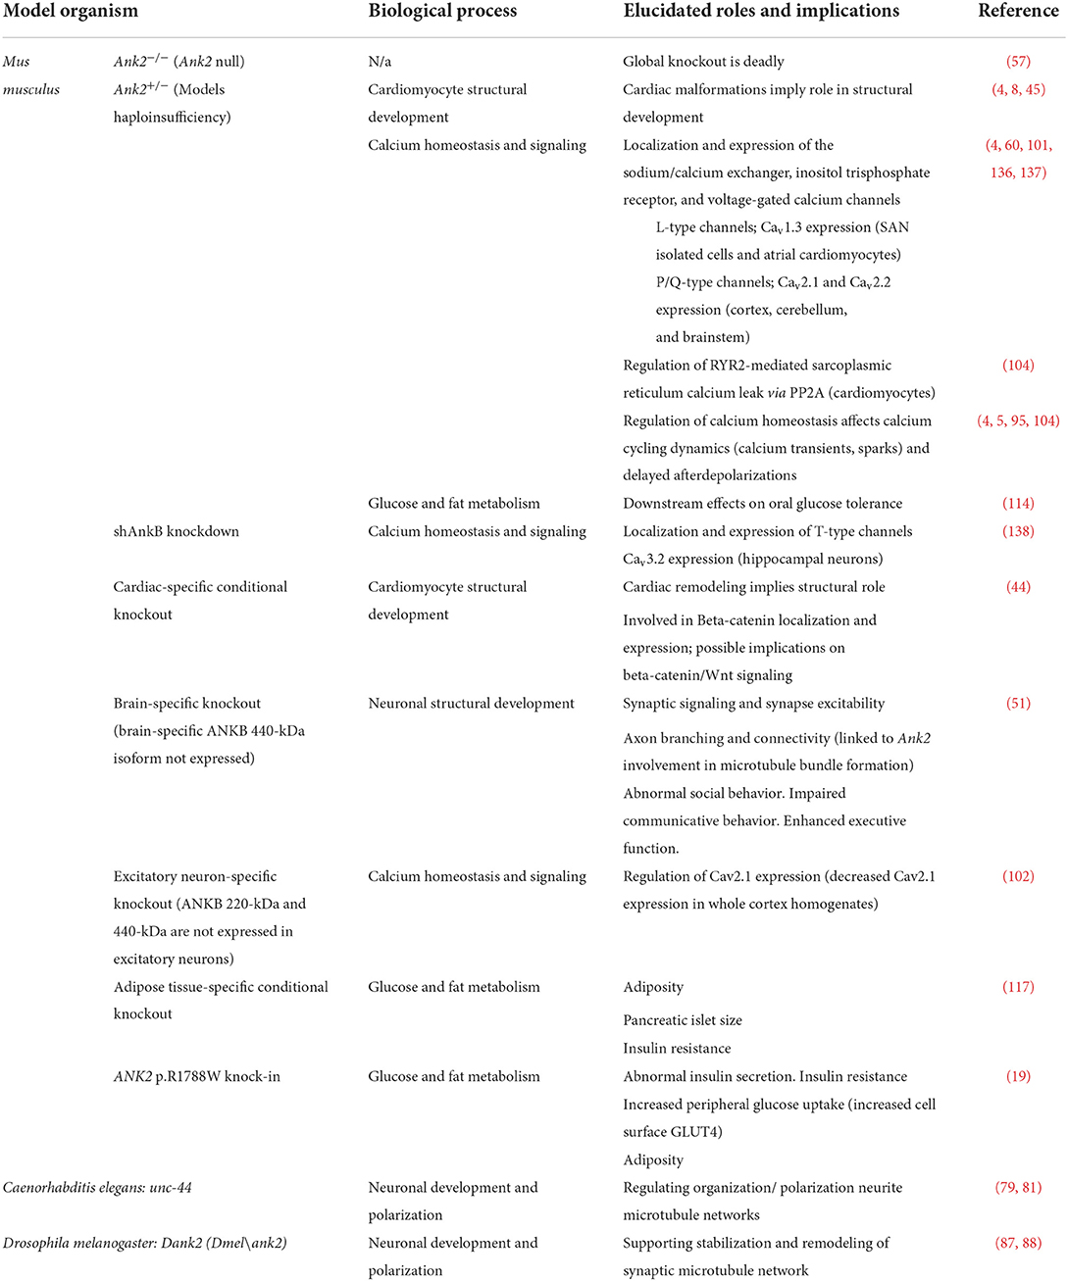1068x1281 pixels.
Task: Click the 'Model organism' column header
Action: tap(71, 12)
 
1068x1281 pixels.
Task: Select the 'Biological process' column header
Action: tap(442, 12)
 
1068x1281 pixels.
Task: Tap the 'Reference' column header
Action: tap(1018, 12)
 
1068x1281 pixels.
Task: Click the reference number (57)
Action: tap(1018, 62)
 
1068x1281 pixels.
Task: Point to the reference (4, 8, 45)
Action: tap(1018, 89)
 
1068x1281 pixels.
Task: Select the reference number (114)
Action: tap(1018, 504)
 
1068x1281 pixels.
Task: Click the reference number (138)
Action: tap(1018, 531)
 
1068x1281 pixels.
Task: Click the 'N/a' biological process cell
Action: tap(380, 62)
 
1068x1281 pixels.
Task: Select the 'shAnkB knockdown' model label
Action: tap(177, 531)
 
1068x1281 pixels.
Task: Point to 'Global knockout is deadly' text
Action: tap(703, 62)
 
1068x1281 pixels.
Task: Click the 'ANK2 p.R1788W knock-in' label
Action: tap(196, 1076)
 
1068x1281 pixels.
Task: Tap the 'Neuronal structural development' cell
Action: tap(471, 704)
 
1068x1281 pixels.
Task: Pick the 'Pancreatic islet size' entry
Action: tap(683, 1020)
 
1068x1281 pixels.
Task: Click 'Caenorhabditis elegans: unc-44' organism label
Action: tap(97, 1188)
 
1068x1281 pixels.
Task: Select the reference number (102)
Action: tap(1018, 876)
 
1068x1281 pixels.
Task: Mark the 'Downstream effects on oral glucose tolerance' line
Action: tap(762, 504)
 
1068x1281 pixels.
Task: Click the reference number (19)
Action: tap(1018, 1076)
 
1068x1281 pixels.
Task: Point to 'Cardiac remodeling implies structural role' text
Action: tap(753, 587)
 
